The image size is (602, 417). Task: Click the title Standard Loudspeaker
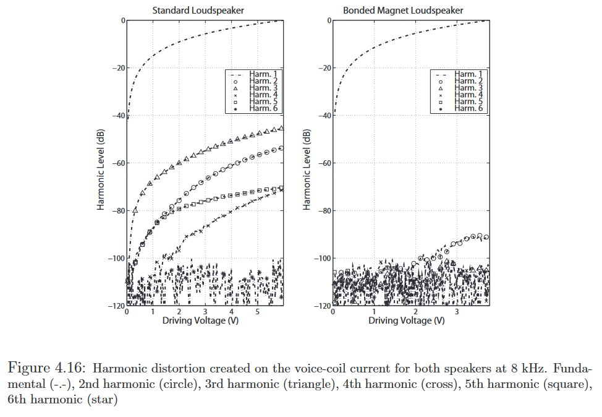[189, 11]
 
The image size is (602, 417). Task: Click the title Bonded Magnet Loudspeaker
[403, 11]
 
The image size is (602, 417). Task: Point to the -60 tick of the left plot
[117, 163]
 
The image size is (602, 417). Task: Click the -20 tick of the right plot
[323, 68]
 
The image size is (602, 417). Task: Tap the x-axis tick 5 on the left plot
[257, 312]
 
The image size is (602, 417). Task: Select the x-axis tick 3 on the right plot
[456, 312]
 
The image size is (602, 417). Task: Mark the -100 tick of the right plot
[321, 259]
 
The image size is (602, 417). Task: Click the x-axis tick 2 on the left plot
[179, 312]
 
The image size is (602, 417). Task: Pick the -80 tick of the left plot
[117, 211]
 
